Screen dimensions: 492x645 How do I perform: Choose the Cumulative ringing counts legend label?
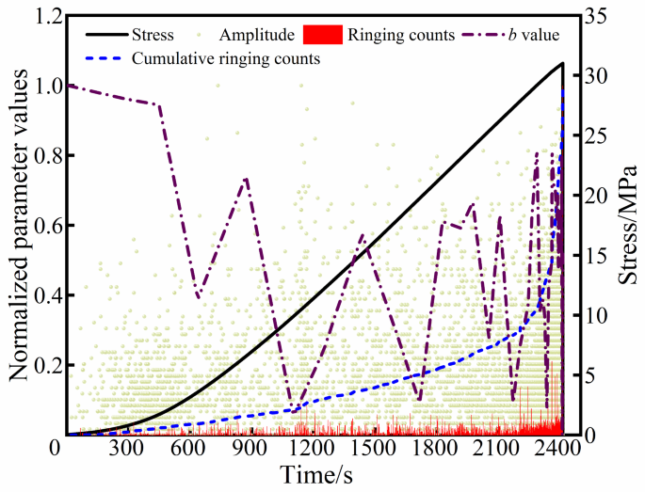pos(225,58)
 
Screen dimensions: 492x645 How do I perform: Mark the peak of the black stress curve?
pos(562,63)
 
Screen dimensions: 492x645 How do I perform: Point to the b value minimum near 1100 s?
pos(294,411)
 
